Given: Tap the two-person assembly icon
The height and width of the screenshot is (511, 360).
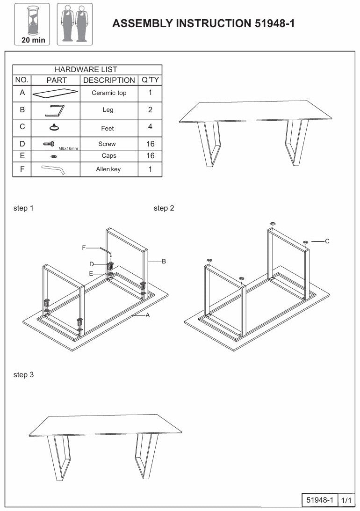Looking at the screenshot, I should point(75,23).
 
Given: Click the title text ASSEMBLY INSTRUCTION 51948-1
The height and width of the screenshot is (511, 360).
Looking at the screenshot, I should point(203,24).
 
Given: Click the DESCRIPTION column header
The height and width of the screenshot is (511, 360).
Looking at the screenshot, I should point(109,80).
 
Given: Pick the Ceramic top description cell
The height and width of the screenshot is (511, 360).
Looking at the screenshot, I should point(109,93).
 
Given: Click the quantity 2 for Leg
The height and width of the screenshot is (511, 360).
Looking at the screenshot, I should point(150,110).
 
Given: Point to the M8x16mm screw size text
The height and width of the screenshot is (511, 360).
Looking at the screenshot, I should point(68,148).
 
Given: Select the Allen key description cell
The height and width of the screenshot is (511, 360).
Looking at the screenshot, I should point(108,169).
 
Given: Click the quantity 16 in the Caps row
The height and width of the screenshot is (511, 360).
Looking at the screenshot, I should point(150,156).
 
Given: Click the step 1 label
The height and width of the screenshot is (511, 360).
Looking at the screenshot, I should point(23,208).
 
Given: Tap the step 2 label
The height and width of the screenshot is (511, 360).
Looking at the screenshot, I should point(164,208).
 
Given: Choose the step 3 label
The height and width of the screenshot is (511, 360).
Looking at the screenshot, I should point(23,375).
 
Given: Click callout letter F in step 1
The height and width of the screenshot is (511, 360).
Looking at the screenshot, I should point(84,248).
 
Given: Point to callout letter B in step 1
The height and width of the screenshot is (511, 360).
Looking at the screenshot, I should point(164,262).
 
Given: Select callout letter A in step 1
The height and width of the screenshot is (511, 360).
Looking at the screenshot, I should point(148,315).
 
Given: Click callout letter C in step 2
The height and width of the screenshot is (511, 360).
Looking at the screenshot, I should point(327,241).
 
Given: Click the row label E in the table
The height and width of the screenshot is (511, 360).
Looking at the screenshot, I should point(22,156).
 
